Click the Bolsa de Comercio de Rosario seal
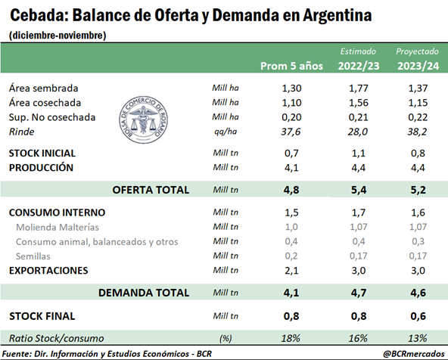pyautogui.click(x=144, y=120)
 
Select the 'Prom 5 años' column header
pyautogui.click(x=291, y=66)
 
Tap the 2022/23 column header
pyautogui.click(x=359, y=66)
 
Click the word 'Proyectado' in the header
pyautogui.click(x=417, y=51)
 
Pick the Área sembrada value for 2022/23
pyautogui.click(x=358, y=88)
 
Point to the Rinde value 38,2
pyautogui.click(x=418, y=132)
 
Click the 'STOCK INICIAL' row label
pyautogui.click(x=42, y=154)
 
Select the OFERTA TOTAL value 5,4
pyautogui.click(x=359, y=190)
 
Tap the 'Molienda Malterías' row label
pyautogui.click(x=58, y=227)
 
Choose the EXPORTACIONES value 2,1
pyautogui.click(x=291, y=270)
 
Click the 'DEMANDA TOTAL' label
pyautogui.click(x=144, y=293)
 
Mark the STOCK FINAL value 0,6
pyautogui.click(x=418, y=316)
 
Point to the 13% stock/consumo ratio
pyautogui.click(x=418, y=338)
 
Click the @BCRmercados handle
pyautogui.click(x=414, y=354)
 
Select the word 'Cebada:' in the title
pyautogui.click(x=39, y=15)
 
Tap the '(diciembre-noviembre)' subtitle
pyautogui.click(x=58, y=36)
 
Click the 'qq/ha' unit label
pyautogui.click(x=226, y=132)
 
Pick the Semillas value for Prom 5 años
pyautogui.click(x=291, y=256)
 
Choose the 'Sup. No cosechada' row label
pyautogui.click(x=52, y=117)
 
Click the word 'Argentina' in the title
pyautogui.click(x=338, y=16)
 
